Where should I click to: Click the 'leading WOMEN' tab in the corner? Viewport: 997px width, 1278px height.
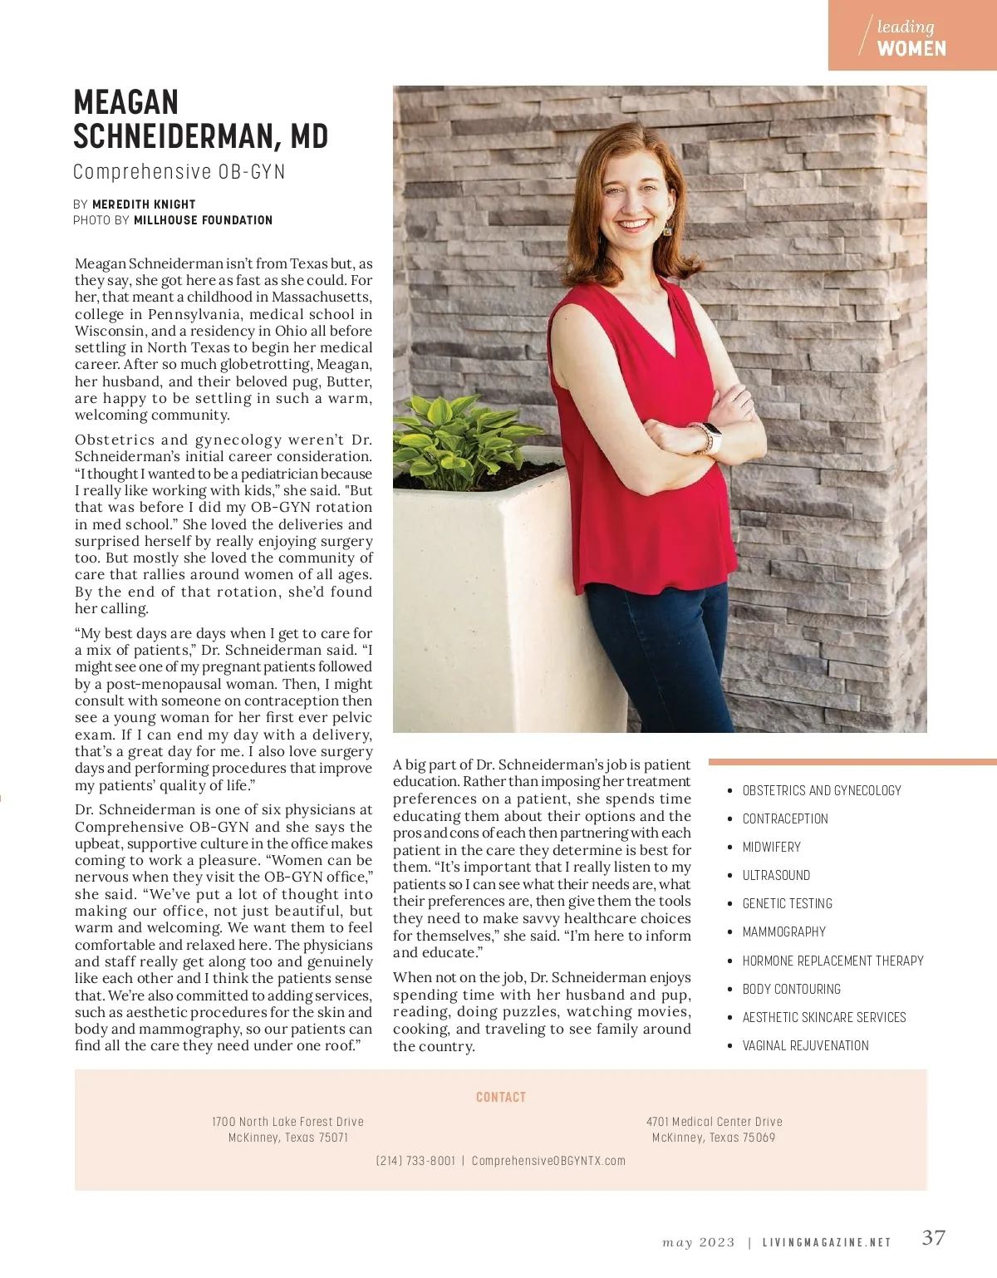pos(911,37)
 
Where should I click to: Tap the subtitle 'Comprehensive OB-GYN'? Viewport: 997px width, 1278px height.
pos(179,172)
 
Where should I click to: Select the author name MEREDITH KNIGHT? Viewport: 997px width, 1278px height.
pos(144,204)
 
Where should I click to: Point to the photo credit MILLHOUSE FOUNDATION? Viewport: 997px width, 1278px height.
pos(203,220)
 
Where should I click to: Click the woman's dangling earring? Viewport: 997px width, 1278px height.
pos(668,228)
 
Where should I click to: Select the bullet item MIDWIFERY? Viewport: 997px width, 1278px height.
pos(771,847)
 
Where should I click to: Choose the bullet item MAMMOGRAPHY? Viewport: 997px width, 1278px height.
pos(783,931)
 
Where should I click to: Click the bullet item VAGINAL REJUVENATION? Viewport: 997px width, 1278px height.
pos(805,1045)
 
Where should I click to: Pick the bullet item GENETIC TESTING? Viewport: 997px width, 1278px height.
pos(787,903)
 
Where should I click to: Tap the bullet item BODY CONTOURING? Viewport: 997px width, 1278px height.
pos(791,989)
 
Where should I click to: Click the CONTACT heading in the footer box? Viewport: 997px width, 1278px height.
pos(501,1097)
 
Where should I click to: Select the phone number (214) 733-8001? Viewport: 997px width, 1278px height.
pos(415,1161)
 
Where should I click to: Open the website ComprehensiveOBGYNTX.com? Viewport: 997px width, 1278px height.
pos(548,1161)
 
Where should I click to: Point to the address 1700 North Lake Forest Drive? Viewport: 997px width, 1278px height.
pos(287,1122)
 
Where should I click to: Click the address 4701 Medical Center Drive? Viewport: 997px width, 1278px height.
pos(714,1122)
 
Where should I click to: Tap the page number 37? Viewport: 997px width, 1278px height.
pos(933,1238)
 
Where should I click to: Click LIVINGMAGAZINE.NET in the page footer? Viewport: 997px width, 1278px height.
pos(826,1243)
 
